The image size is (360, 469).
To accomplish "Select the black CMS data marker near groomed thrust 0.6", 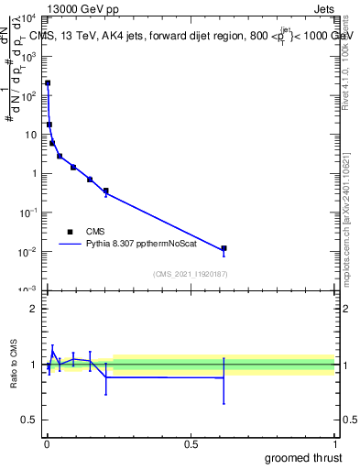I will point(224,248).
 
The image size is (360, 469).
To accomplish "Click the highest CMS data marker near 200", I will point(48,83).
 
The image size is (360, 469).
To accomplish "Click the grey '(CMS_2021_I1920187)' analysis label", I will point(191,274).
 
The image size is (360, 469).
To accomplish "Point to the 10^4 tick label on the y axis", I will point(29,18).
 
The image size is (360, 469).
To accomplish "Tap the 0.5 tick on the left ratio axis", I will point(30,421).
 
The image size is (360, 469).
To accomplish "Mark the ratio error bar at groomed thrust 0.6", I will point(224,380).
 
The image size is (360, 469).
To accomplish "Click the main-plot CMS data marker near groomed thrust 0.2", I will point(106,191).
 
